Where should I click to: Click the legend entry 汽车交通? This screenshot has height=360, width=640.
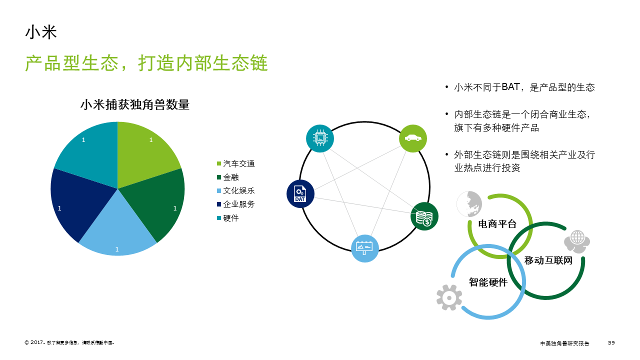click(239, 164)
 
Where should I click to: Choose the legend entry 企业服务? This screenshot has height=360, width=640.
click(239, 204)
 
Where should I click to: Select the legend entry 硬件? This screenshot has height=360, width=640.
click(231, 218)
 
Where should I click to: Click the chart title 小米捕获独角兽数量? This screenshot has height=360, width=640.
click(135, 105)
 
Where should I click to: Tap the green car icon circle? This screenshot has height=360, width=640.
click(413, 138)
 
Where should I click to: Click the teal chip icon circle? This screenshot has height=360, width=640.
click(320, 138)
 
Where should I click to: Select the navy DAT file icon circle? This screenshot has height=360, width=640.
click(300, 194)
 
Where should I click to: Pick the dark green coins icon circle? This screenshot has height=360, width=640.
click(424, 216)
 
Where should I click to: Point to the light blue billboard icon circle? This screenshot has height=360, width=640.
click(364, 248)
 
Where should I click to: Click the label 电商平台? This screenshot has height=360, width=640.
click(497, 223)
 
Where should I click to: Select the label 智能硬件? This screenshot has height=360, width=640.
click(488, 282)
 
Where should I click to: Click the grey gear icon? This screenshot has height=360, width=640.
click(449, 297)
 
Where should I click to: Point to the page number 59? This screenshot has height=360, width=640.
click(611, 342)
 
